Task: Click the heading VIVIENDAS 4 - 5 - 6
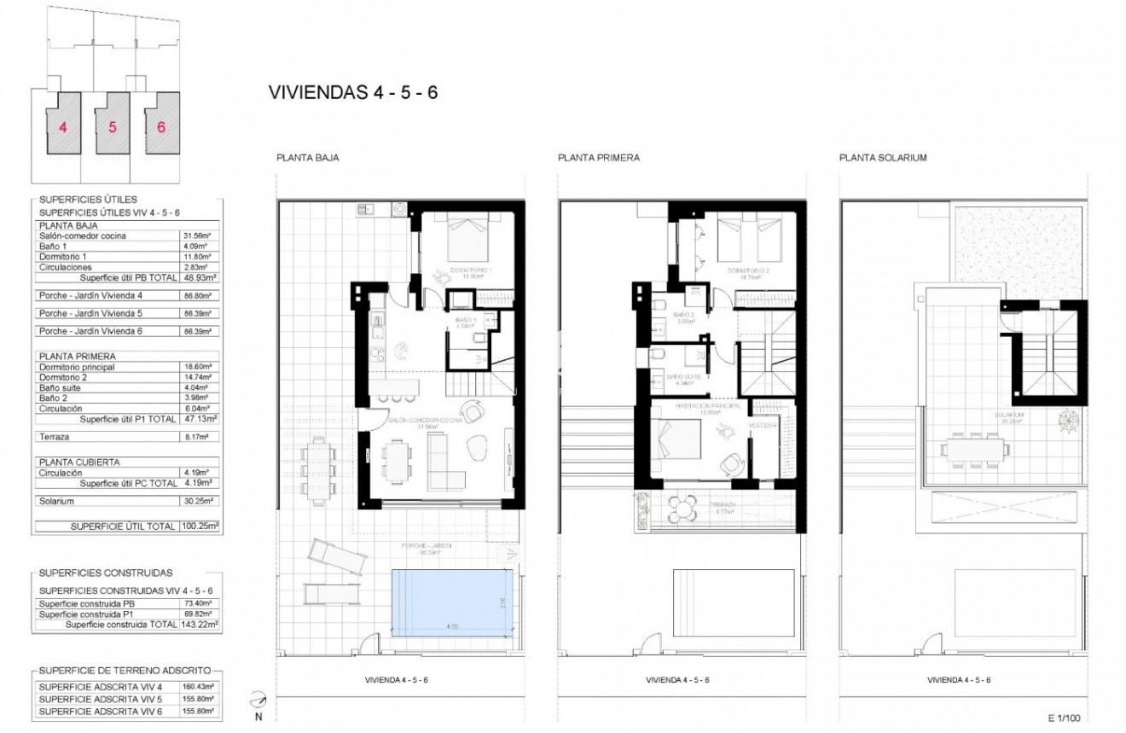(352, 93)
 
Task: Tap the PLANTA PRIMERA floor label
(599, 158)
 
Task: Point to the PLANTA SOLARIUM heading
(883, 158)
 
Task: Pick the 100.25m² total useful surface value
(201, 526)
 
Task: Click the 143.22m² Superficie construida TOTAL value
(201, 625)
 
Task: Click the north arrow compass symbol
(257, 701)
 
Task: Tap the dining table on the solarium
(973, 447)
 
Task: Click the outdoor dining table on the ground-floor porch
(318, 468)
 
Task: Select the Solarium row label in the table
(57, 501)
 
